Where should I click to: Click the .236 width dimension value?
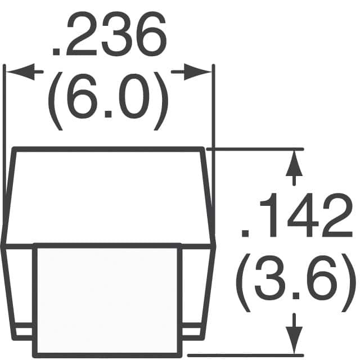pyautogui.click(x=109, y=34)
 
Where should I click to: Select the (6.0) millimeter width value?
pyautogui.click(x=108, y=101)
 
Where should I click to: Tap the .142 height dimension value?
pyautogui.click(x=296, y=215)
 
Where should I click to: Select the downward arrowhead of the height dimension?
pyautogui.click(x=294, y=341)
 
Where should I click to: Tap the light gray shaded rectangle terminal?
pyautogui.click(x=107, y=300)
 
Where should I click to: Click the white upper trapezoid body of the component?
pyautogui.click(x=108, y=197)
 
